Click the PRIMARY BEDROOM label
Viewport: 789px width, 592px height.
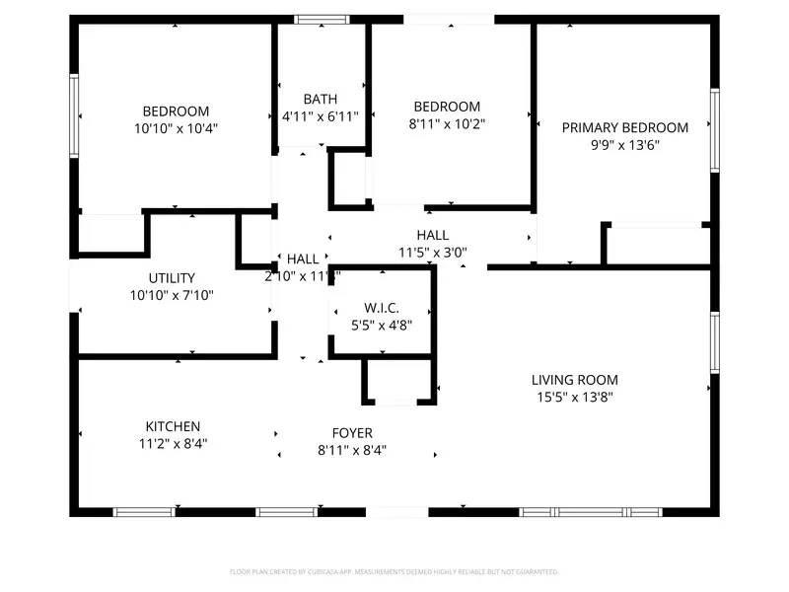pyautogui.click(x=624, y=127)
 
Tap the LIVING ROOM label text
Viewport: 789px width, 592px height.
pyautogui.click(x=575, y=380)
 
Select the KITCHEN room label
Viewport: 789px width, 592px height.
pyautogui.click(x=173, y=426)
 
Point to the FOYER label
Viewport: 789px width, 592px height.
pyautogui.click(x=351, y=433)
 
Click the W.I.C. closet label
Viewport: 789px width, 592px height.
pyautogui.click(x=380, y=307)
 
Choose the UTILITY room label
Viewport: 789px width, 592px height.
pyautogui.click(x=172, y=278)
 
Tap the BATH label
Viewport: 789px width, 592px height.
pyautogui.click(x=320, y=99)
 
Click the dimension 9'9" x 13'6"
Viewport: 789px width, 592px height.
pyautogui.click(x=624, y=144)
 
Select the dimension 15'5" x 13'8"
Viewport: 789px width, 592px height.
pyautogui.click(x=575, y=397)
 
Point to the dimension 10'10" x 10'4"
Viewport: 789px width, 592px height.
pyautogui.click(x=176, y=128)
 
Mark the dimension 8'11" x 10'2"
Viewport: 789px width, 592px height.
pyautogui.click(x=447, y=123)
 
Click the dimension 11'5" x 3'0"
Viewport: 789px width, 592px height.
pyautogui.click(x=432, y=252)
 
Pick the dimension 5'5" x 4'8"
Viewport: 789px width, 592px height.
pyautogui.click(x=380, y=324)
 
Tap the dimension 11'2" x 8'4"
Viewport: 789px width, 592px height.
pyautogui.click(x=173, y=443)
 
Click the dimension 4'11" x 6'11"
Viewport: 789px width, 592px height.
pyautogui.click(x=320, y=115)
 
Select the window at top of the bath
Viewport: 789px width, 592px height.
pyautogui.click(x=322, y=19)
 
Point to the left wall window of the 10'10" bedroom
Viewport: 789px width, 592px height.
pyautogui.click(x=74, y=115)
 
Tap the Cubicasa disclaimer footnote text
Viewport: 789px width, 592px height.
pyautogui.click(x=394, y=571)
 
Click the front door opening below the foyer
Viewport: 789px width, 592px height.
pyautogui.click(x=396, y=511)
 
